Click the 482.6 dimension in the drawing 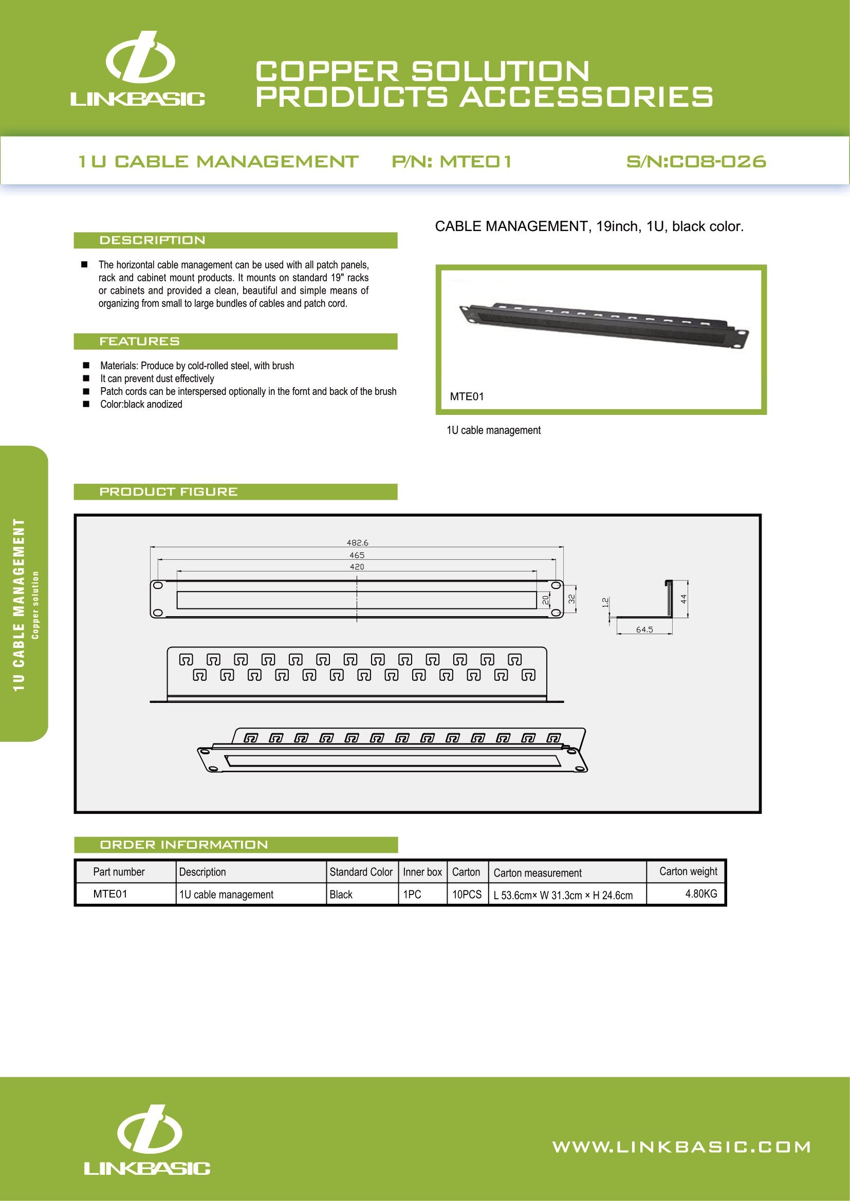click(x=358, y=543)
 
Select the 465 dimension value click(x=357, y=555)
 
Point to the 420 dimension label click(x=357, y=566)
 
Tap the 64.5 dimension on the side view click(x=644, y=630)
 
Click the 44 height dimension click(x=683, y=599)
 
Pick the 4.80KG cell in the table click(x=701, y=893)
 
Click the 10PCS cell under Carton click(x=467, y=894)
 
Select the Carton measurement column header click(x=538, y=872)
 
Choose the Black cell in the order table click(x=341, y=894)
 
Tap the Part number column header click(x=119, y=871)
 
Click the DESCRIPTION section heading click(x=152, y=241)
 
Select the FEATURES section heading click(x=140, y=341)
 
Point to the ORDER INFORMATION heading click(x=183, y=845)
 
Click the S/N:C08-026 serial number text click(x=696, y=162)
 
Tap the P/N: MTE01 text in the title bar click(x=452, y=162)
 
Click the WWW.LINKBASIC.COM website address click(x=681, y=1147)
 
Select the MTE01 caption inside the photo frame click(x=467, y=396)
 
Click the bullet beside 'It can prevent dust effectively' click(x=86, y=378)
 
